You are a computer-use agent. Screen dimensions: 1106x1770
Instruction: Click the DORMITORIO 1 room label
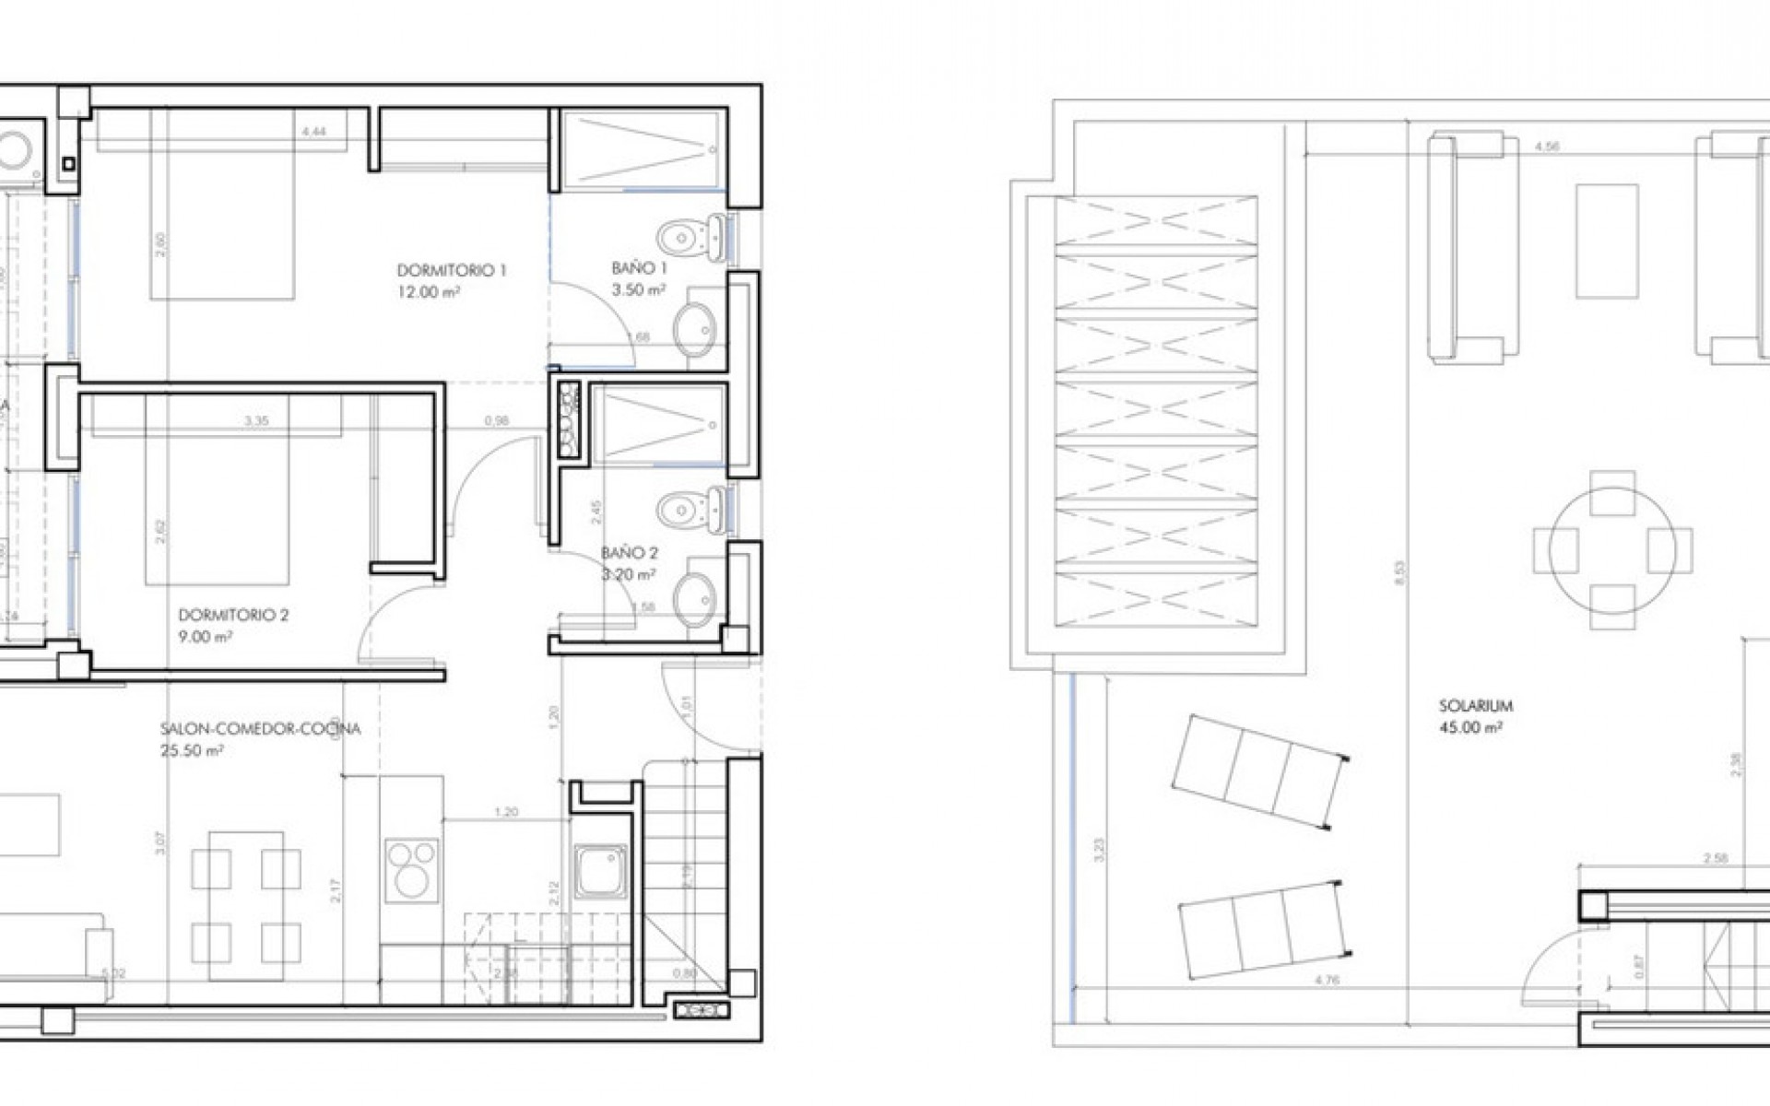tap(452, 271)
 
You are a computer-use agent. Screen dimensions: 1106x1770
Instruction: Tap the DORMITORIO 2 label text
tap(233, 615)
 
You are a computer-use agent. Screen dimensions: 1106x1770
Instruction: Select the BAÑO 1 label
tap(639, 268)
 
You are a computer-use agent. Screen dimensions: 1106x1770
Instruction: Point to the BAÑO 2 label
tap(630, 553)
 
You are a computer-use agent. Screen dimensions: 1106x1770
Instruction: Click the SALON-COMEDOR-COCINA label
tap(261, 729)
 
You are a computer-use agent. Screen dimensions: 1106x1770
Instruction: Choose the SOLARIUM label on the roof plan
tap(1476, 707)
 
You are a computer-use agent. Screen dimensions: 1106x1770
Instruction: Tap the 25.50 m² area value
tap(192, 750)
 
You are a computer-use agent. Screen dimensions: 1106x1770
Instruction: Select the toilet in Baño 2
tap(687, 506)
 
